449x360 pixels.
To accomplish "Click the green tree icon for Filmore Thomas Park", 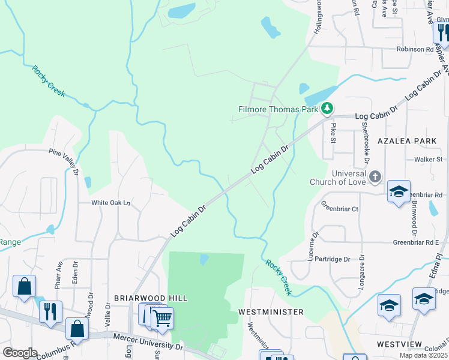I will [x=327, y=109].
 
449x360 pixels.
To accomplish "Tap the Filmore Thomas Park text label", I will [x=278, y=110].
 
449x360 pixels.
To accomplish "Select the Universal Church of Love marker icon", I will [x=375, y=176].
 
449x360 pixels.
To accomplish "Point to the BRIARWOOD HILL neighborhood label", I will [x=151, y=298].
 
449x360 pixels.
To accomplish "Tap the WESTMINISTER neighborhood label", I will [x=271, y=312].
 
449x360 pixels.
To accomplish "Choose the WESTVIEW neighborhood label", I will [x=401, y=344].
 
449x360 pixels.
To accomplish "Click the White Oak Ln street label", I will [x=110, y=203].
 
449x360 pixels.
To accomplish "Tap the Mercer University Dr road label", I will [x=148, y=342].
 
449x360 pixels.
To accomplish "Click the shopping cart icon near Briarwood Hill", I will [x=161, y=318].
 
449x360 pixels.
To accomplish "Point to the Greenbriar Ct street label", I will [x=339, y=209].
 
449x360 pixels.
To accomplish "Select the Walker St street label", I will [x=428, y=160].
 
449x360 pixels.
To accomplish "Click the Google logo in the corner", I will [x=20, y=353].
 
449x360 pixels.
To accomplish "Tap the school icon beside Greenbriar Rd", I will [x=399, y=192].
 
